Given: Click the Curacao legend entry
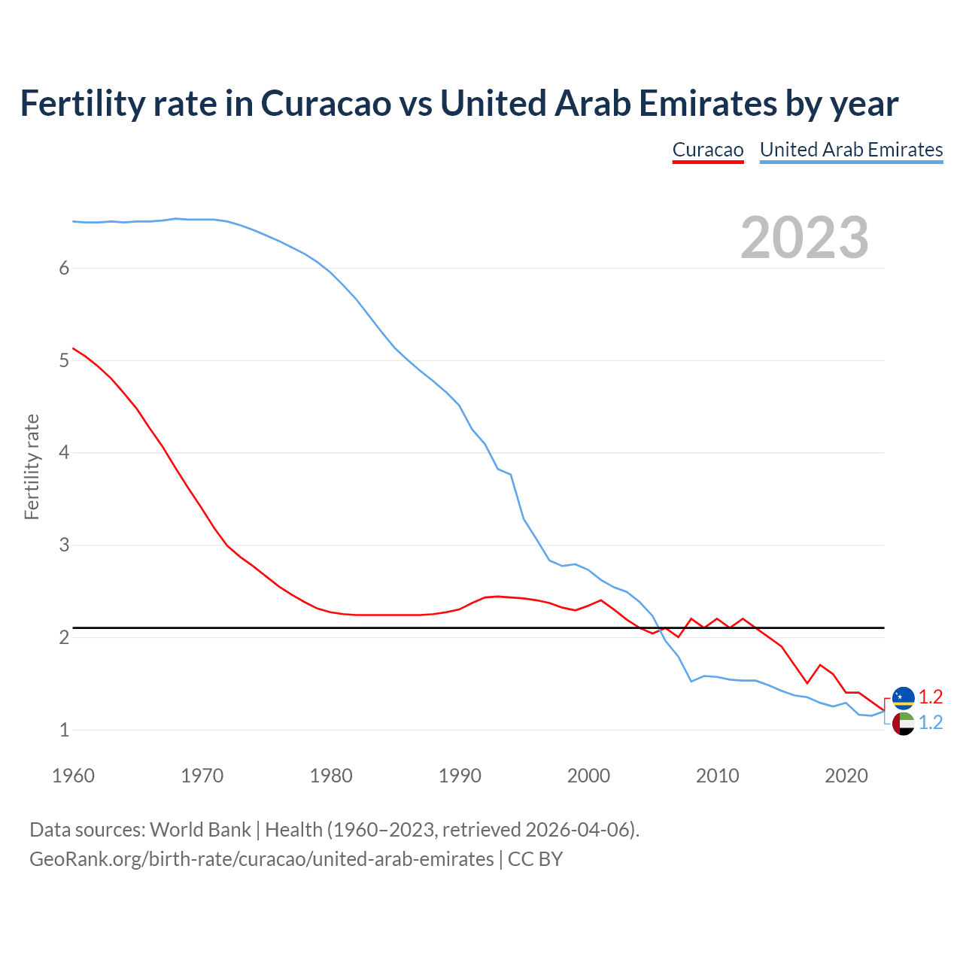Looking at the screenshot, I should [x=707, y=150].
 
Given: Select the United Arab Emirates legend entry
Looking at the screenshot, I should [x=851, y=150].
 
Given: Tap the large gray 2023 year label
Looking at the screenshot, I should [x=804, y=238].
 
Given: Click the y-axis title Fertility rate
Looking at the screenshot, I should [x=32, y=466].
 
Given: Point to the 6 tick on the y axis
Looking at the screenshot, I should [x=64, y=269].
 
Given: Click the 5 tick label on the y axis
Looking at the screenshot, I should [x=64, y=361].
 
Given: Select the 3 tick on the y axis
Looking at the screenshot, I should [x=64, y=545].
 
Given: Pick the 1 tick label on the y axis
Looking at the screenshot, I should [x=64, y=730].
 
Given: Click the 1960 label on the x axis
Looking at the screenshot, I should [x=73, y=776].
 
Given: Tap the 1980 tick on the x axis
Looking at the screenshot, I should [x=331, y=776].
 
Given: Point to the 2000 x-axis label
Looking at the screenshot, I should [x=588, y=776].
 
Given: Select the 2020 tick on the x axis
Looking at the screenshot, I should [x=846, y=776].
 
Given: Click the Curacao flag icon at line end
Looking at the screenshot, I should [x=903, y=698].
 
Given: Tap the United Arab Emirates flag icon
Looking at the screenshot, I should [x=903, y=724].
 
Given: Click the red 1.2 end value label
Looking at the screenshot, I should [x=931, y=697].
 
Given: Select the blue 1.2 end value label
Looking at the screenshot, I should [x=931, y=723].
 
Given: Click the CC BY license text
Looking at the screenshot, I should [x=535, y=859].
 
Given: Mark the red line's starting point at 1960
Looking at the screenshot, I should [x=73, y=348].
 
